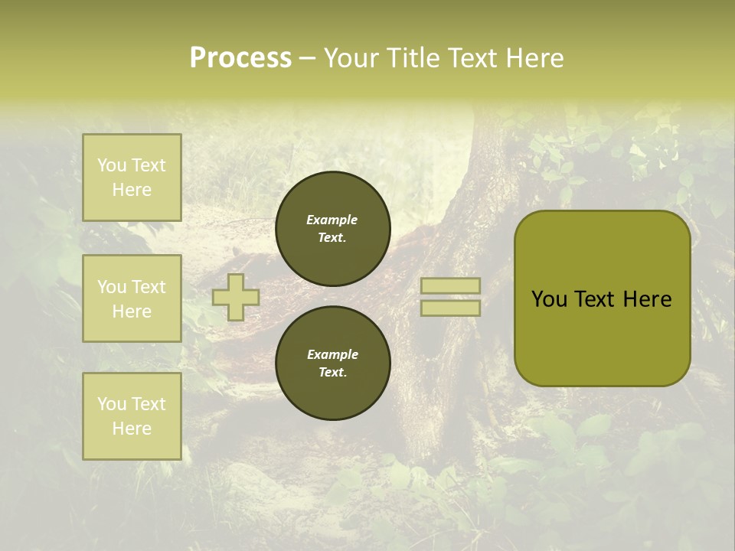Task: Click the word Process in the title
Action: (240, 58)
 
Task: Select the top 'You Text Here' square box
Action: (132, 178)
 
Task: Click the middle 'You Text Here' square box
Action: (132, 298)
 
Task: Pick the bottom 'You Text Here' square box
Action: (132, 416)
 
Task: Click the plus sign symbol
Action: (236, 297)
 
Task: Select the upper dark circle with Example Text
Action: (332, 229)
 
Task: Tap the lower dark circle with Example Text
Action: (332, 364)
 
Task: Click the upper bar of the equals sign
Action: (450, 285)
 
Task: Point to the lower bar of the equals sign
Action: (450, 308)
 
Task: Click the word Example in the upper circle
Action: (332, 220)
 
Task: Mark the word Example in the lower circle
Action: (332, 354)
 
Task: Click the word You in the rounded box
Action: (549, 299)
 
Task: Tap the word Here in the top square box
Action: (132, 190)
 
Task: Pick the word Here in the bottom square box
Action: (132, 429)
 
